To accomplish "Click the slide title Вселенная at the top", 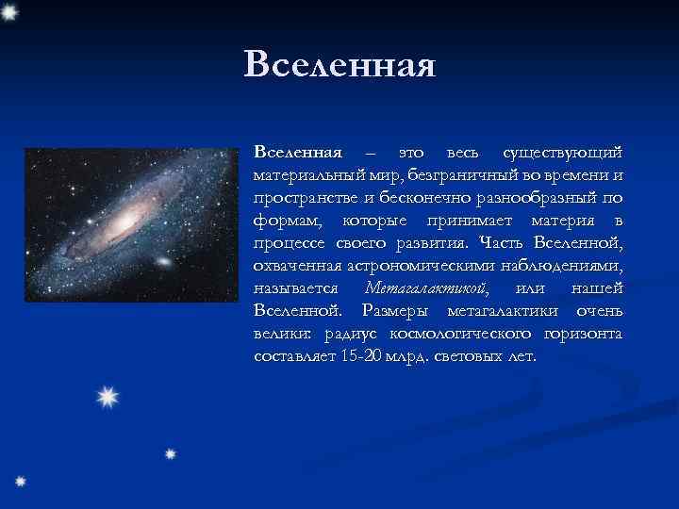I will pos(339,64).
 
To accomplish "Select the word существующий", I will pos(562,153).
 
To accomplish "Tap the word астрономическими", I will pos(412,267).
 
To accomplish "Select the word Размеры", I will pos(400,312).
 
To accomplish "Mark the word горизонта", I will pos(582,335).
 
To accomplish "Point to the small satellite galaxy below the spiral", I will pos(162,260).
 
